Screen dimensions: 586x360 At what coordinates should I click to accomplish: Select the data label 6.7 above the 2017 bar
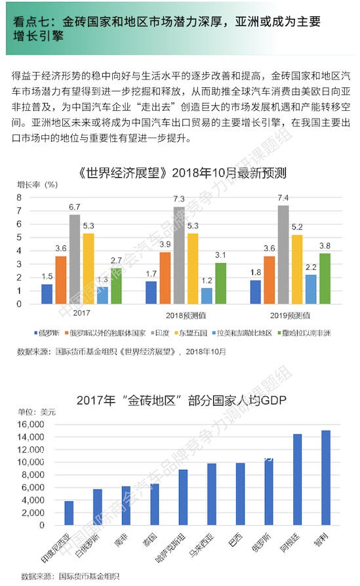click(x=74, y=208)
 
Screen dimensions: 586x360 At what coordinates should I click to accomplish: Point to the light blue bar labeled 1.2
click(x=207, y=295)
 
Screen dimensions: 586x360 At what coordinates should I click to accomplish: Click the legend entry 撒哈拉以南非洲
click(x=309, y=333)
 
